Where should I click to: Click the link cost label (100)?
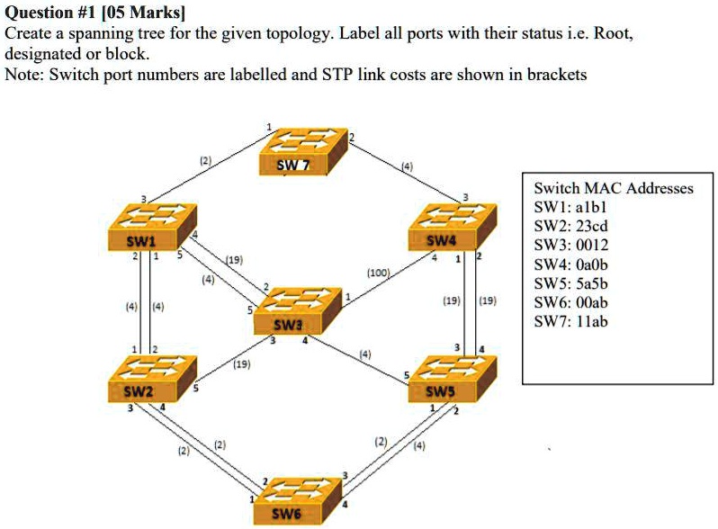(378, 271)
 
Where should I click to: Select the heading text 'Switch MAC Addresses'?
(614, 188)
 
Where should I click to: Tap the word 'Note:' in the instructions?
(24, 75)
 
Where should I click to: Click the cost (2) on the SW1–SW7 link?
(205, 162)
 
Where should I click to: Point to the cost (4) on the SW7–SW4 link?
(407, 166)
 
